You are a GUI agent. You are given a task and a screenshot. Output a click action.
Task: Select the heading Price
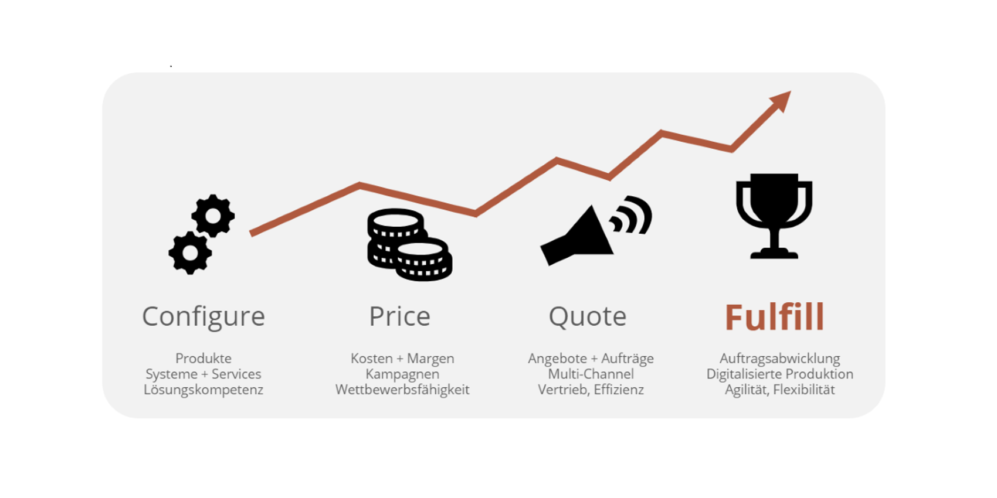click(400, 316)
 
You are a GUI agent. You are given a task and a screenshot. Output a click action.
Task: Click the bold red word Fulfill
click(775, 317)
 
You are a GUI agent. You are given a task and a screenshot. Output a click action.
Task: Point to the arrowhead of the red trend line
click(781, 101)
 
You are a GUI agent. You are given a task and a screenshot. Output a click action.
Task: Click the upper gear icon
click(213, 216)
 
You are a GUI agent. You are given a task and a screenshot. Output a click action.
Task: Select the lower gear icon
click(190, 253)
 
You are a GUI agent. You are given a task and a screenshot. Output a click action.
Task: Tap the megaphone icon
click(577, 236)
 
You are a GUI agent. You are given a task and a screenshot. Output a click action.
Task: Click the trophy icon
click(774, 216)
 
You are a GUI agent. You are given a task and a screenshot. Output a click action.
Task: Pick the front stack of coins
click(423, 260)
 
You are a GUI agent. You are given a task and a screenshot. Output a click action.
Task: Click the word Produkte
click(204, 359)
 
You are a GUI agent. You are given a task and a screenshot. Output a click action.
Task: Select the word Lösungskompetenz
click(204, 390)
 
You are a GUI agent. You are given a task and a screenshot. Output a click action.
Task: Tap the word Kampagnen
click(402, 374)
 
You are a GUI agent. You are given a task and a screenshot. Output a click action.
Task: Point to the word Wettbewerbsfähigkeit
click(402, 390)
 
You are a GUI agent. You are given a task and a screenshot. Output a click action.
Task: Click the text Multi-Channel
click(591, 374)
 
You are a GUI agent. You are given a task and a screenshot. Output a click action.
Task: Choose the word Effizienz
click(619, 390)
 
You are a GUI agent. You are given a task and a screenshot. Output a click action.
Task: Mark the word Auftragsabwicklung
click(780, 359)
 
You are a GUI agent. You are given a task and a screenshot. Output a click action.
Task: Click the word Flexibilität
click(804, 390)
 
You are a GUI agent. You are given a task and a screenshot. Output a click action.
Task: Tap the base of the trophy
click(774, 253)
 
